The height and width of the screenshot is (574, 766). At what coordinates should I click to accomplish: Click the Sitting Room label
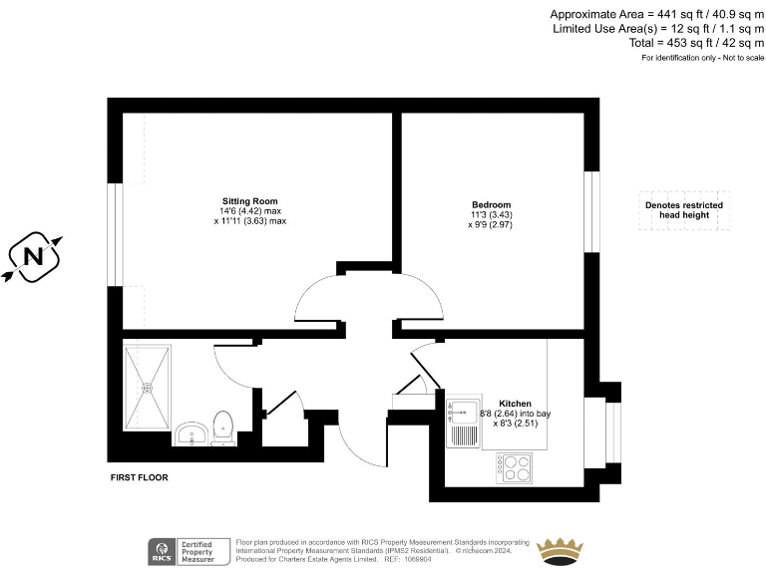point(249,200)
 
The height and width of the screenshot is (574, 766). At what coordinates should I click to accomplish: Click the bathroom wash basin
point(191,433)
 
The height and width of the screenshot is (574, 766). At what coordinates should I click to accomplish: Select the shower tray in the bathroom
point(148,387)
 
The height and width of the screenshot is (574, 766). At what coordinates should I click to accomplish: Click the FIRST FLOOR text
point(139,478)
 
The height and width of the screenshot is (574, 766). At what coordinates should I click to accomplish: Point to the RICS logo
point(161,550)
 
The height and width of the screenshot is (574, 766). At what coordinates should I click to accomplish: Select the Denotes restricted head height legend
point(683,211)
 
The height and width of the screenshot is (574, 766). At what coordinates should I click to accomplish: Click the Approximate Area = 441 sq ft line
point(657,14)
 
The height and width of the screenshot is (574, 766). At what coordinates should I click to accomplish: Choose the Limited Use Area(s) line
point(658,29)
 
